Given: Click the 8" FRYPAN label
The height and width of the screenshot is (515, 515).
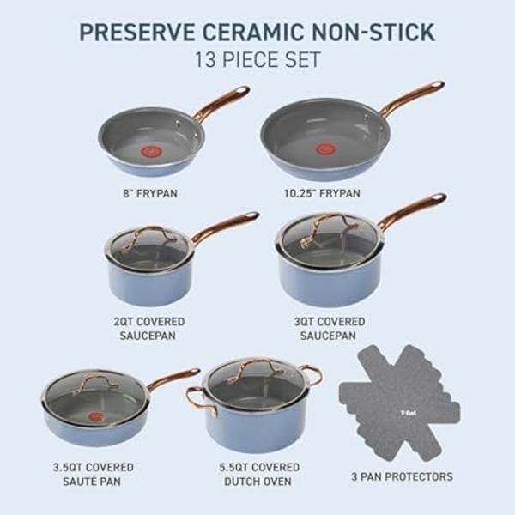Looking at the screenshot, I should click(150, 193).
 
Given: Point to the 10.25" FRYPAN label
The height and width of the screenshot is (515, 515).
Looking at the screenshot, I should click(322, 193).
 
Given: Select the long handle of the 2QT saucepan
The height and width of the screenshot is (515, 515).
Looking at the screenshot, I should click(225, 227).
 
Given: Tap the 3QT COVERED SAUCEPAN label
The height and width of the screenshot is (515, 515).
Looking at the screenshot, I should click(330, 329).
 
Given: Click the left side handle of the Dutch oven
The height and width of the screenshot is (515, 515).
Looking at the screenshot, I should click(196, 396).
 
